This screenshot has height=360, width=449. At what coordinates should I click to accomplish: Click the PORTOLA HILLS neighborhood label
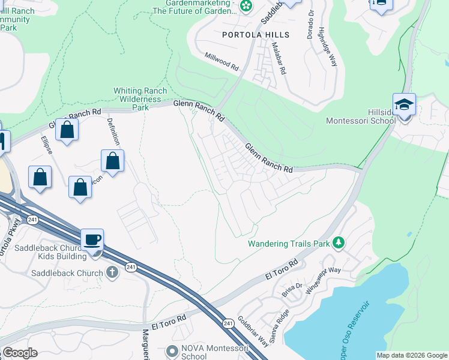(x=256, y=35)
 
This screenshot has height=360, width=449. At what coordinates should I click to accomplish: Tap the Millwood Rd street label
(x=221, y=61)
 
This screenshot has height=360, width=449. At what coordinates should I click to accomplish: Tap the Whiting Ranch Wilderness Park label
(x=139, y=99)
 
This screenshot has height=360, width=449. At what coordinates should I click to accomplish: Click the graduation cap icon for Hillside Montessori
(x=404, y=104)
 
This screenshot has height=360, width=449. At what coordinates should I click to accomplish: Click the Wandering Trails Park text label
(x=289, y=244)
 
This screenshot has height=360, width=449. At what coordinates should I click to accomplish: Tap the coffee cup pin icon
(x=92, y=240)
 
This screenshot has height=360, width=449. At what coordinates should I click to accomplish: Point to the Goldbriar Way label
(x=253, y=332)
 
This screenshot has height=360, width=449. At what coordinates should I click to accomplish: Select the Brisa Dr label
(x=292, y=290)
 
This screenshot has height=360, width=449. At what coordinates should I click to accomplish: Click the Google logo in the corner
(x=20, y=353)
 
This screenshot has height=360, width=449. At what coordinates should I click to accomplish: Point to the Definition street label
(x=113, y=132)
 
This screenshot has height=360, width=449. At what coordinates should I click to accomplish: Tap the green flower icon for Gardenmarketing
(x=246, y=6)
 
